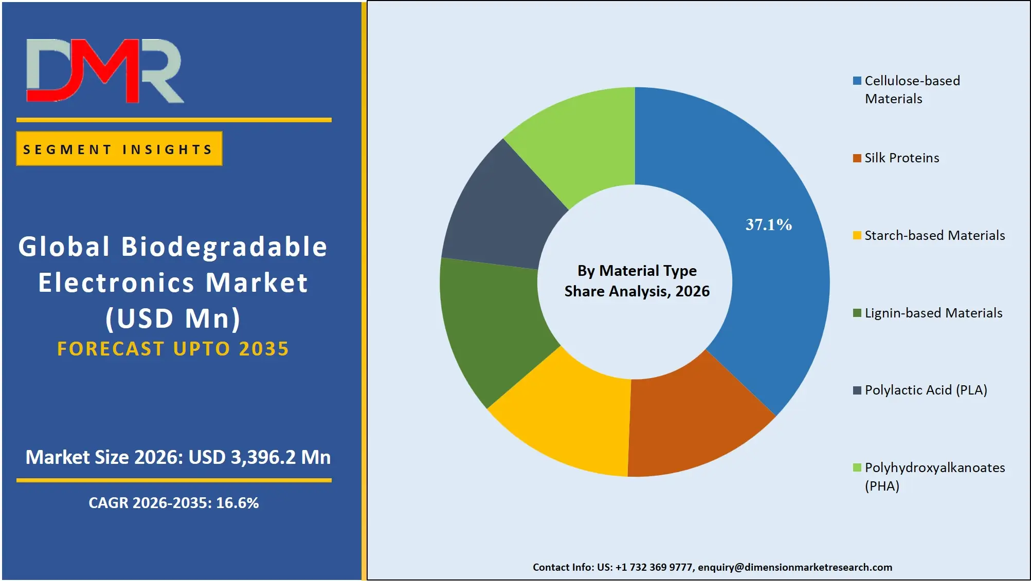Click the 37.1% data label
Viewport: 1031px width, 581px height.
[768, 224]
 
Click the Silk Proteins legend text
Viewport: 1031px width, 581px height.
[901, 158]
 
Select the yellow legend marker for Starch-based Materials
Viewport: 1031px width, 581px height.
[857, 236]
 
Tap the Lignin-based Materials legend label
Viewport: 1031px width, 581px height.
[933, 313]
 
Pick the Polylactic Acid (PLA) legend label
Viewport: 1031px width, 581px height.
[926, 390]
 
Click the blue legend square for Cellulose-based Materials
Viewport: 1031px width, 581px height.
[857, 81]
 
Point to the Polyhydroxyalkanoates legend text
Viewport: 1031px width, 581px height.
[934, 468]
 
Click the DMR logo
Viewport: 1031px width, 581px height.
[105, 71]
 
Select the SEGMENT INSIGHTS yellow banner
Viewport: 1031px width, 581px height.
[119, 149]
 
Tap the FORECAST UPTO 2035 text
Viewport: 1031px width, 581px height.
[173, 349]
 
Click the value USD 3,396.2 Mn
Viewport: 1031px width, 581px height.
[260, 457]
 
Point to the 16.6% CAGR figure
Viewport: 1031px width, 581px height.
[237, 503]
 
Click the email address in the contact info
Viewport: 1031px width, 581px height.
[794, 567]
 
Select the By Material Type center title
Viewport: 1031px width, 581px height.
[637, 271]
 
